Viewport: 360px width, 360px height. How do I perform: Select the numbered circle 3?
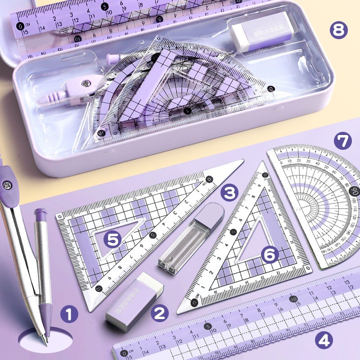pos(229,193)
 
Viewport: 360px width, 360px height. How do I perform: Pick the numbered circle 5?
pos(112,238)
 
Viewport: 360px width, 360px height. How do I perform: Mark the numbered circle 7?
pos(343,141)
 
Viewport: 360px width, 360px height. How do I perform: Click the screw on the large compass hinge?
pos(8,183)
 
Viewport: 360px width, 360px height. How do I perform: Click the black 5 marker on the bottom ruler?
pos(207,327)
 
